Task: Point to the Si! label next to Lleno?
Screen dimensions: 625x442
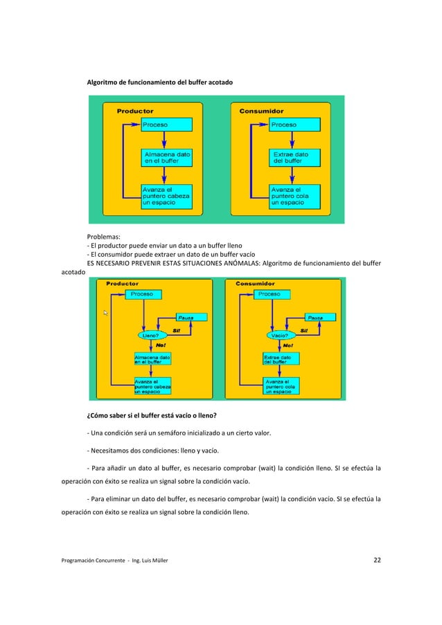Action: point(177,330)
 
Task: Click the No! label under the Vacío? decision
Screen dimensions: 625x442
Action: point(287,345)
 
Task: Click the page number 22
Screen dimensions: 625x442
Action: point(377,560)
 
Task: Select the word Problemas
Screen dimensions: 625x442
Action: point(103,236)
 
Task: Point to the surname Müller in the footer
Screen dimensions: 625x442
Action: point(156,561)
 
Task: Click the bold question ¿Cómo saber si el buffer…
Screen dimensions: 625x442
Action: point(151,416)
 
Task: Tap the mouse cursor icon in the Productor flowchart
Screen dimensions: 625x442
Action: point(106,314)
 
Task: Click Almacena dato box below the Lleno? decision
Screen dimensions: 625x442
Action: point(152,359)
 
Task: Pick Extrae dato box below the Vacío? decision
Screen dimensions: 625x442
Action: point(281,359)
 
